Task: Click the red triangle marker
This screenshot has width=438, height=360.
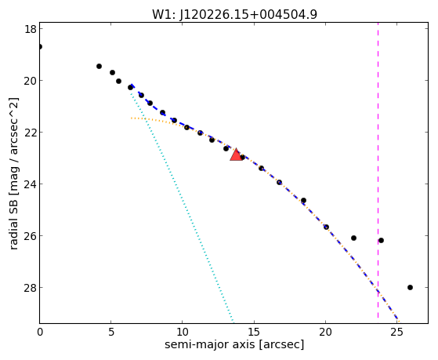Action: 236,155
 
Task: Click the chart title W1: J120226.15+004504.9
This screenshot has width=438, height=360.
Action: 234,15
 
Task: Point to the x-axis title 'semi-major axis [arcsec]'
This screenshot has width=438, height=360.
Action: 234,344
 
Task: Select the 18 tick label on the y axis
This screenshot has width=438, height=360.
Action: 31,29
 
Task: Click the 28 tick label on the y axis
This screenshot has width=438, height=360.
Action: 31,288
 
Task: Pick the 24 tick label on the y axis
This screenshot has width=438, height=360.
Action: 31,184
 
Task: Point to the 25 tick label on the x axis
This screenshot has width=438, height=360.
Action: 396,332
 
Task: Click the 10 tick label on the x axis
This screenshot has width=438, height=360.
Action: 182,332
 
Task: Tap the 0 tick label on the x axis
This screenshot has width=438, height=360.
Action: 40,332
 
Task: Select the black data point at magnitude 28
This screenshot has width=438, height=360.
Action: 410,287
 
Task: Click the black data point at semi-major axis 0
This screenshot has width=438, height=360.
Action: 40,46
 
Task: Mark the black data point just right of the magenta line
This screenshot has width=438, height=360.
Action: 381,240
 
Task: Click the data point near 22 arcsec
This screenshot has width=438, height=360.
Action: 353,238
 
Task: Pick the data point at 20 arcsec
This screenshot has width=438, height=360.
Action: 326,227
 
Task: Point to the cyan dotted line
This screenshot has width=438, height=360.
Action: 182,207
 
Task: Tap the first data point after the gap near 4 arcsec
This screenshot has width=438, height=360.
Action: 99,67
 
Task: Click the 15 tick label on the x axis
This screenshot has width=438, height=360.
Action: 254,332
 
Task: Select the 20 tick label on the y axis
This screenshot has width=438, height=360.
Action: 31,81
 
